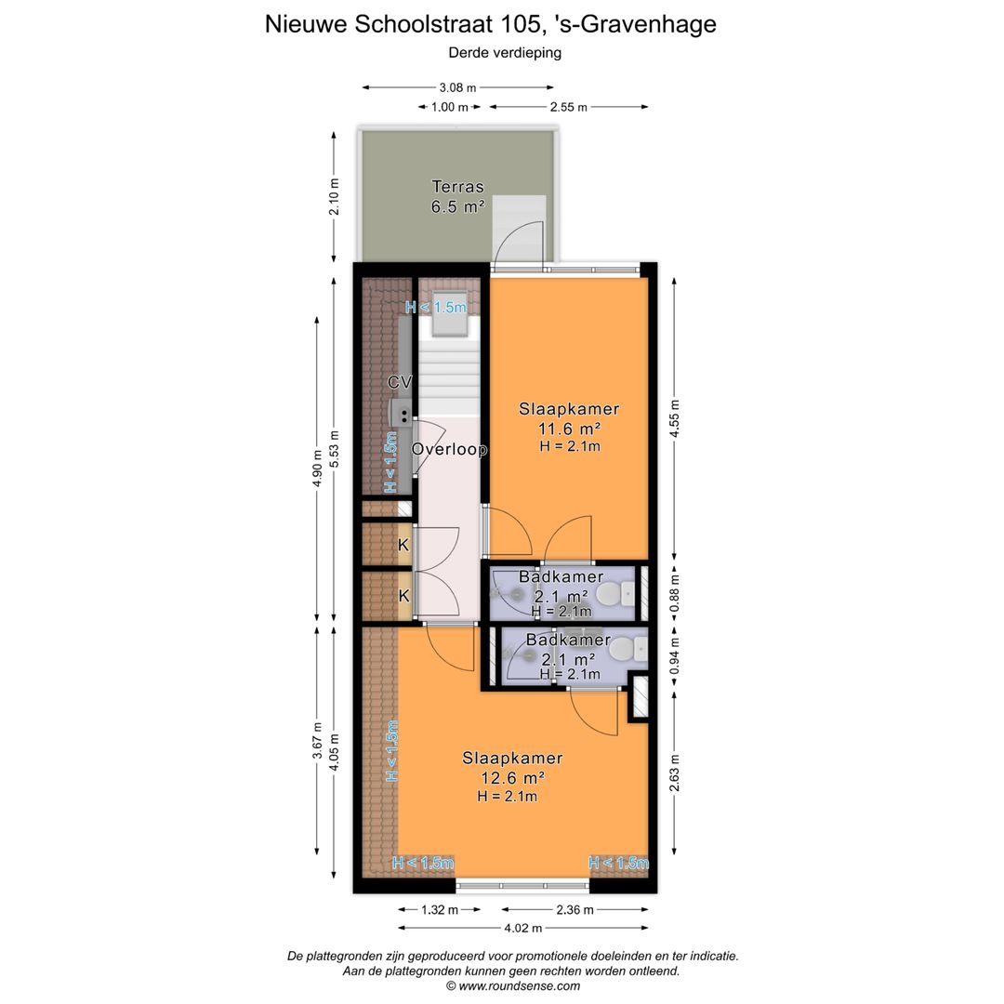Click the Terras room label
(457, 187)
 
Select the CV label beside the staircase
(400, 382)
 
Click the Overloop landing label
(450, 449)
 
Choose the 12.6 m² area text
(512, 777)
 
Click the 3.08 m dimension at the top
(457, 87)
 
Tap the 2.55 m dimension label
(569, 107)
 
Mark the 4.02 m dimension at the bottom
(523, 927)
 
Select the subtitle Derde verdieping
(505, 53)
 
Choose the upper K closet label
(403, 546)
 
